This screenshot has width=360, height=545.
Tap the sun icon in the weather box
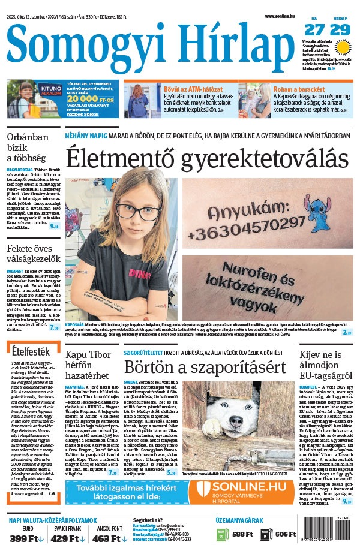coord(343,47)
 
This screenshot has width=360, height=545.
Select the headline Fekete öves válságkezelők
coord(32,254)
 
